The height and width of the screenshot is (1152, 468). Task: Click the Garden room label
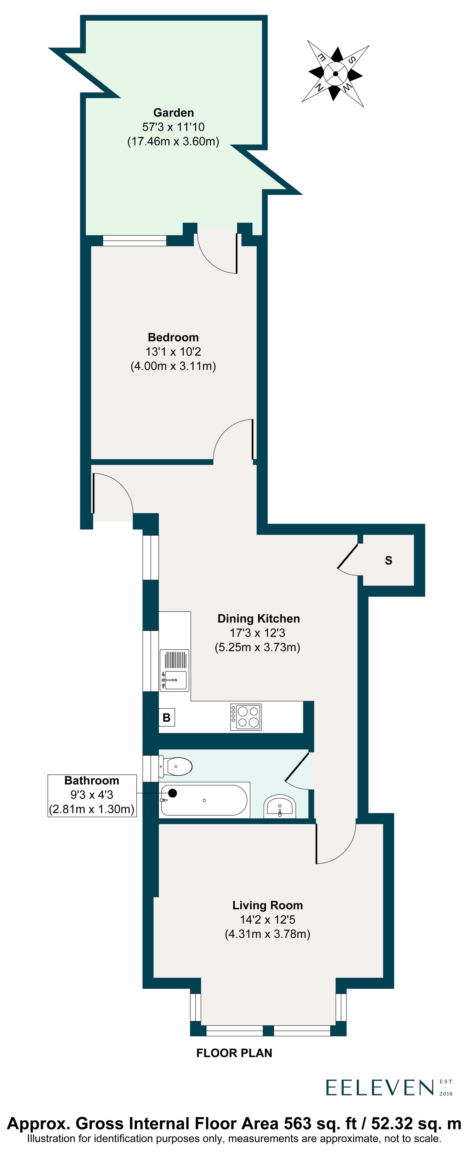point(173,113)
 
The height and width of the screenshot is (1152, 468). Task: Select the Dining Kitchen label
point(258,619)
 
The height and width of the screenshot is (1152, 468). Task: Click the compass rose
point(335,74)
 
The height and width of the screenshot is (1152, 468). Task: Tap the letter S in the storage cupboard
point(388,560)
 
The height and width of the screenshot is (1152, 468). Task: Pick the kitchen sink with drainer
point(174,670)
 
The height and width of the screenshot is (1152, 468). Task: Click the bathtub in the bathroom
point(204,800)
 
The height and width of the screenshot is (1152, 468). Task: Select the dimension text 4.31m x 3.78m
point(267,934)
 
